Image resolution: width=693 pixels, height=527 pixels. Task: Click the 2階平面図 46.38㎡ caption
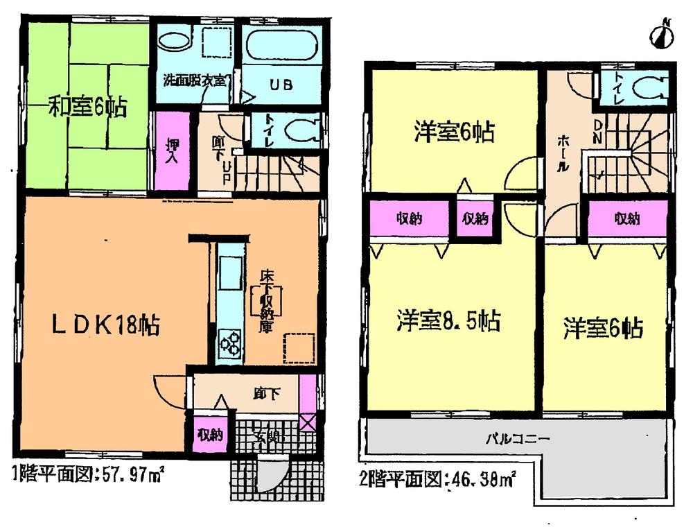[x=438, y=478]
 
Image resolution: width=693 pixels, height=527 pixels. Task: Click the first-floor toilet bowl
[x=303, y=130]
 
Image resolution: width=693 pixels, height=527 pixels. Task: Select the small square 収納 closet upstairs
[x=475, y=220]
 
